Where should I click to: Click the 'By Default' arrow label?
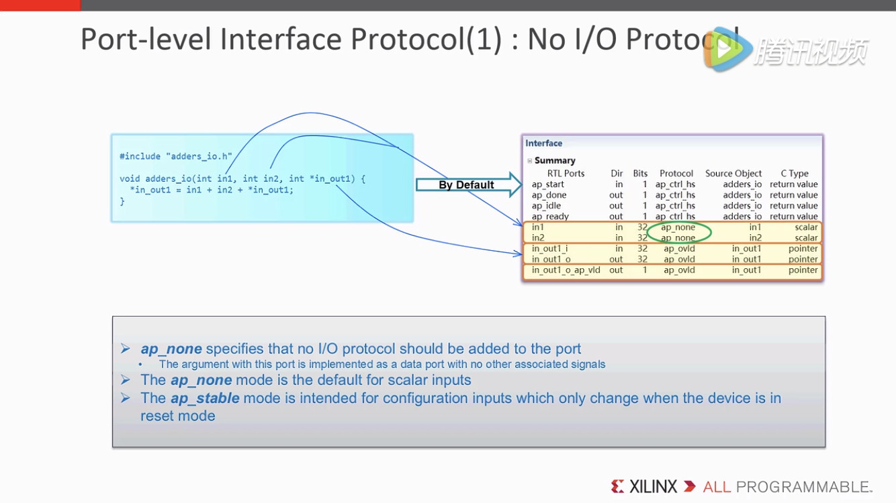coord(466,184)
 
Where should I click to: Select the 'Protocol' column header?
coord(676,174)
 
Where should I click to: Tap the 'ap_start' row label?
coord(547,184)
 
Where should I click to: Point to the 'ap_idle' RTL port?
coord(546,206)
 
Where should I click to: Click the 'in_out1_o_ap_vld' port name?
coord(566,270)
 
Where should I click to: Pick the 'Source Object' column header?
coord(733,174)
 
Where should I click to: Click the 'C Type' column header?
coord(795,174)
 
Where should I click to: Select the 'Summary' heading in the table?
coord(555,160)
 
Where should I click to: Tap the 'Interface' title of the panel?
coord(543,143)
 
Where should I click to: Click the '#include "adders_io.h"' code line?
coord(175,156)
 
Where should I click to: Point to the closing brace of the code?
coord(122,201)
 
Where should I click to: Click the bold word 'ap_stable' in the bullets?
coord(205,398)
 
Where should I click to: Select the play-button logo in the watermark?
coord(728,49)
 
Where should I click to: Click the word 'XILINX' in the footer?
coord(653,487)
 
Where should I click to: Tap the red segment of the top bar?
coord(40,5)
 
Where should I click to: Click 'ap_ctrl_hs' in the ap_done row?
coord(675,195)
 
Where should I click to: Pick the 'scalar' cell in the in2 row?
coord(806,237)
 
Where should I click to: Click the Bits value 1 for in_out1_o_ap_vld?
coord(644,270)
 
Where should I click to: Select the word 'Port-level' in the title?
coord(146,39)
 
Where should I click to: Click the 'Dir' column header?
coord(617,174)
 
